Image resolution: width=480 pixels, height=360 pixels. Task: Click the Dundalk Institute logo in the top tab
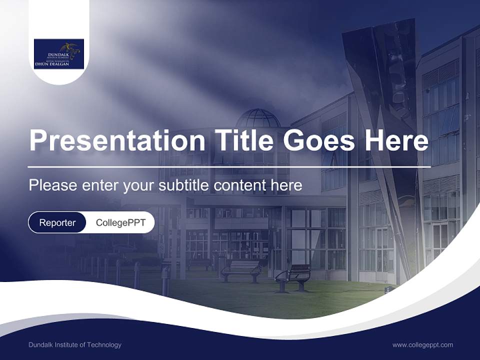[x=59, y=53]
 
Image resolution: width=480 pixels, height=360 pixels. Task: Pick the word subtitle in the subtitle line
[x=184, y=185]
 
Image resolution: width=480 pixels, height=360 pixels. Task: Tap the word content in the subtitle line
[x=239, y=185]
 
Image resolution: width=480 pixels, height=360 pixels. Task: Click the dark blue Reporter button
[x=57, y=222]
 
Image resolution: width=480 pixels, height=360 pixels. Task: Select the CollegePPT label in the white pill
[x=120, y=222]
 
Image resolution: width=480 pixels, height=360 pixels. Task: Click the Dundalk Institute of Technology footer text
[x=75, y=345]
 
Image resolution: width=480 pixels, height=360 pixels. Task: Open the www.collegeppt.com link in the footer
[x=422, y=345]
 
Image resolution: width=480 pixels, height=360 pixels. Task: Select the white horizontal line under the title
[x=229, y=166]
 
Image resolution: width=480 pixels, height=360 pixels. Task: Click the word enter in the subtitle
[x=100, y=185]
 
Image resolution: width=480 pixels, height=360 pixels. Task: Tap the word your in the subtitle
[x=139, y=185]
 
